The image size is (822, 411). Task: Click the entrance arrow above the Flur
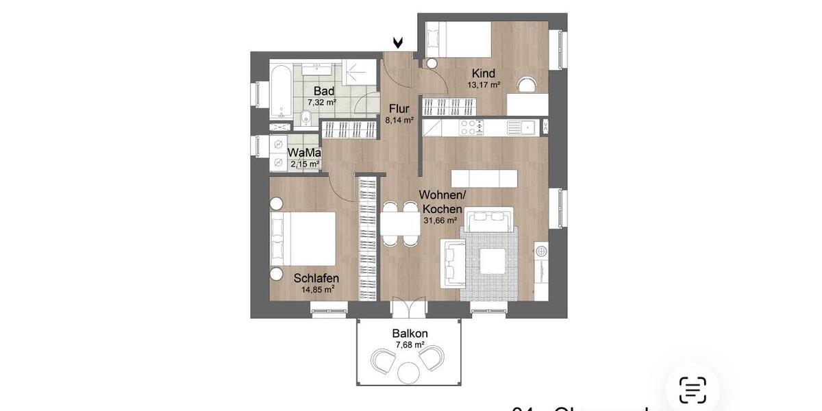coord(398,43)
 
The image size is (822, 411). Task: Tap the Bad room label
coord(323,91)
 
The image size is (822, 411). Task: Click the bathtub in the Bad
coord(279,92)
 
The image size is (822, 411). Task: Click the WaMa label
coord(304,153)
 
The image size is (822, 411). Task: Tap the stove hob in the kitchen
coord(471,127)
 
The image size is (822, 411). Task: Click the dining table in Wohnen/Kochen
coord(400,223)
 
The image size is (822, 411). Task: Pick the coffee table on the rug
coord(493,261)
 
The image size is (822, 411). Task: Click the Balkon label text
coord(410,334)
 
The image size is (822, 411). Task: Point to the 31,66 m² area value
coord(441,221)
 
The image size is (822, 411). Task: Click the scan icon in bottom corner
coord(693,390)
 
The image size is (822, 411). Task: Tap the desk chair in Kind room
coord(527,84)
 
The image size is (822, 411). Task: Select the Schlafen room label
coord(316,279)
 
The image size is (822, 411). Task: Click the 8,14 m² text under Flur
coord(399,119)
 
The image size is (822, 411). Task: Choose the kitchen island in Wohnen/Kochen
coord(485,177)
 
